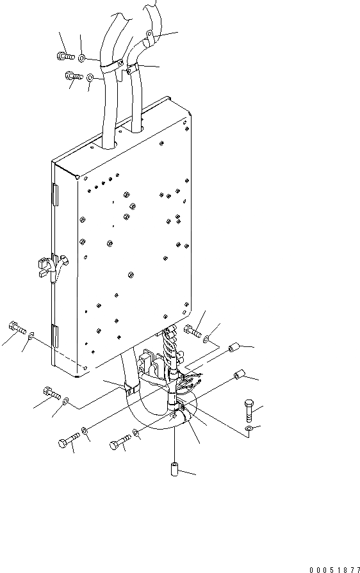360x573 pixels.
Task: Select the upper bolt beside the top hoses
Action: pos(65,56)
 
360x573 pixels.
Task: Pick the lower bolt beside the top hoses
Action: pos(74,77)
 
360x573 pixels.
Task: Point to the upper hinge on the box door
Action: pos(55,194)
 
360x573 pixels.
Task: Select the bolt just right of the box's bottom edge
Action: pos(192,332)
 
